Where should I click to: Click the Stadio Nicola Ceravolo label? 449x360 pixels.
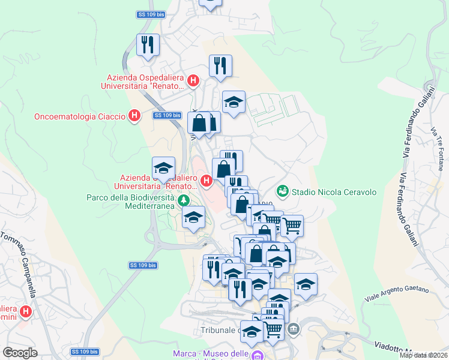pos(334,192)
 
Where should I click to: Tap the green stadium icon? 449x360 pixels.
pos(282,191)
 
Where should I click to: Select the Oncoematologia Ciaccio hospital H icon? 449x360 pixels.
pos(134,115)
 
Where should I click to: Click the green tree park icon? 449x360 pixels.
pos(184,200)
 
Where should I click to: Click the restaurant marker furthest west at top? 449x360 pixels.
pos(147,44)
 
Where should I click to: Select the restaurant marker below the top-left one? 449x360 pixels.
pos(220,65)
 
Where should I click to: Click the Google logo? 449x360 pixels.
pos(20,353)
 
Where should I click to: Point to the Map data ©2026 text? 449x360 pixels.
pos(423,355)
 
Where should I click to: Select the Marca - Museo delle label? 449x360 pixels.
pos(211,353)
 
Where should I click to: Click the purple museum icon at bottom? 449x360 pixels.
pos(257,355)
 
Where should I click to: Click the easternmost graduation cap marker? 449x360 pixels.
pos(306,284)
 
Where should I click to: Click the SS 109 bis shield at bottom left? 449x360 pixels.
pos(83,352)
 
